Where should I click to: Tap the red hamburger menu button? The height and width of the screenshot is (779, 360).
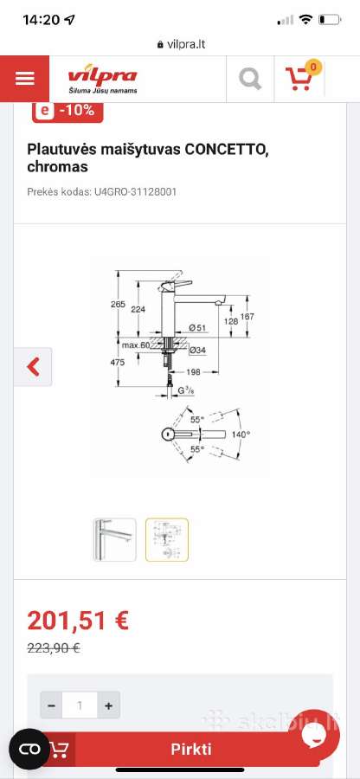(24, 79)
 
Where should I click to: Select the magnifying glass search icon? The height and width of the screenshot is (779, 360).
(250, 79)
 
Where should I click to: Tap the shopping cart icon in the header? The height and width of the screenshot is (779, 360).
(299, 79)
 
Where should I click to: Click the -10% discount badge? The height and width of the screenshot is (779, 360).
(67, 111)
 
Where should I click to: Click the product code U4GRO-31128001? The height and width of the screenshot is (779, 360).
(135, 192)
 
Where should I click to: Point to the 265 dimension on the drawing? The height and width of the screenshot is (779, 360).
(118, 305)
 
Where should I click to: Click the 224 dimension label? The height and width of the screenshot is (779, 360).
(138, 309)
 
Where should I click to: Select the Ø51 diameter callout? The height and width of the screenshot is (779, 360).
(197, 327)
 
